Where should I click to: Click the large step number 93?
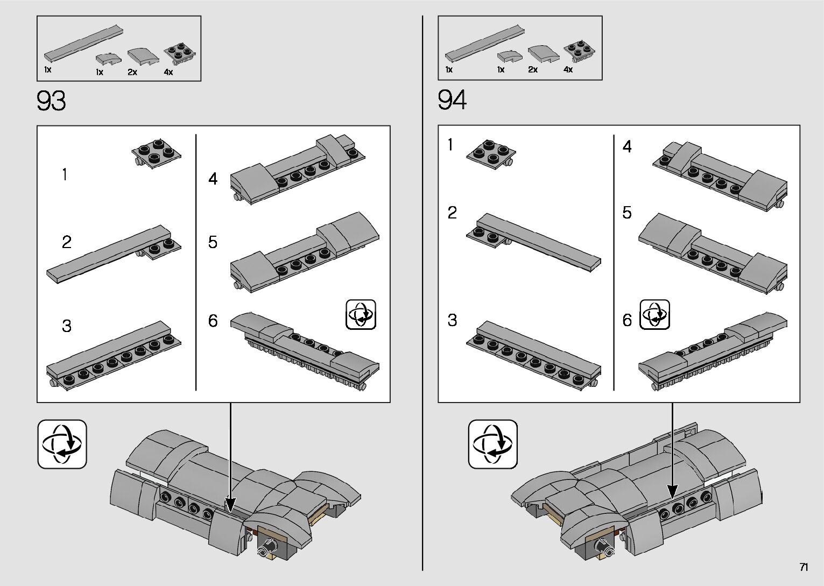point(52,101)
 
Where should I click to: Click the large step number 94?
point(452,100)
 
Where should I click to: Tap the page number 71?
point(804,567)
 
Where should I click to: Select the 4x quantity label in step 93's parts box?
point(168,72)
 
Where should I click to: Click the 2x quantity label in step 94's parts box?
point(533,70)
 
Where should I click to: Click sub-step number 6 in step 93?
point(213,321)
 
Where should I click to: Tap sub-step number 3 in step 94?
point(452,320)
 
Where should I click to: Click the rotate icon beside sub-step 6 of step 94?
point(654,315)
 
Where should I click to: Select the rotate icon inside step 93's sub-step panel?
point(361,315)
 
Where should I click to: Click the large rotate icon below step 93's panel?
point(62,444)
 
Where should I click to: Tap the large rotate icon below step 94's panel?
point(492,444)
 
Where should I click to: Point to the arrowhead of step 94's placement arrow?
point(672,492)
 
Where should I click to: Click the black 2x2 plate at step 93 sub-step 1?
point(156,154)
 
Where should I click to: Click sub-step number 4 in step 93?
point(213,179)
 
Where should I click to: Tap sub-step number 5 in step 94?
point(627,213)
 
